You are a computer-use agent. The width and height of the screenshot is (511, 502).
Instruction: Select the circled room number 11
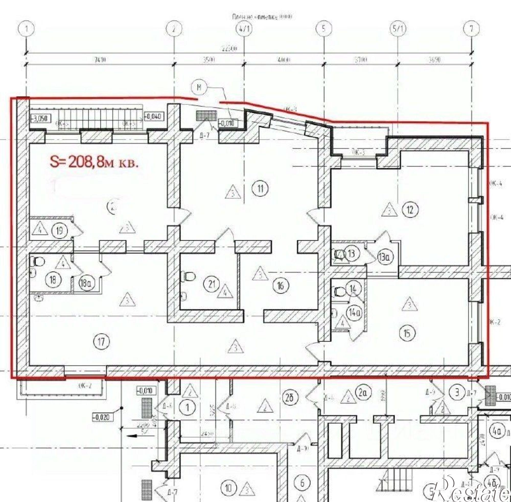pos(261,189)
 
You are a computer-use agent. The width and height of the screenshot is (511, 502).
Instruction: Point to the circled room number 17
pos(101,342)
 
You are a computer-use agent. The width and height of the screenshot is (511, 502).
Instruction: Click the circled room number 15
pos(407,333)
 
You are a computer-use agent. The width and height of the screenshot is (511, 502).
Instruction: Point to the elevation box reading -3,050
pos(40,119)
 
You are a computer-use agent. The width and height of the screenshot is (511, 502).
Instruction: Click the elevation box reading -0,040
pos(154,116)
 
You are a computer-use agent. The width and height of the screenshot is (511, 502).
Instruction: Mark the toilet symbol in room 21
pos(189,276)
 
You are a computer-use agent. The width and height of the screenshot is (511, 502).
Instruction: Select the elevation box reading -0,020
pos(102,417)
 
